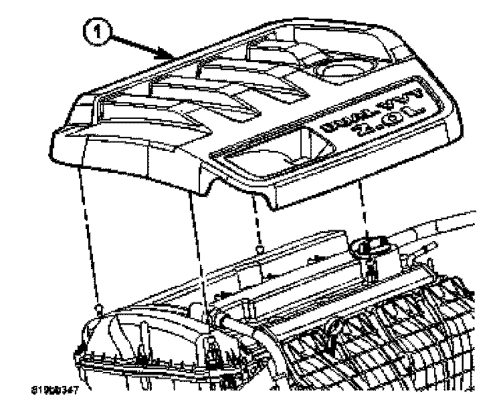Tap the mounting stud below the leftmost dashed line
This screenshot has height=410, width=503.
tap(100, 309)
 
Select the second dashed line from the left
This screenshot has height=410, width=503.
tap(198, 247)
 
